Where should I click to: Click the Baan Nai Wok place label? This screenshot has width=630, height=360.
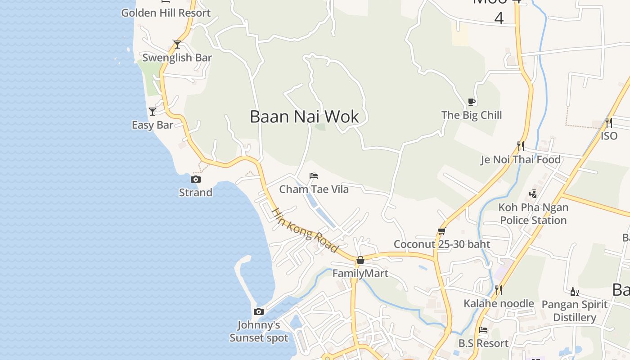click(304, 117)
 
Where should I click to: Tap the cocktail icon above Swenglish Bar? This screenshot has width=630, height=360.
click(177, 44)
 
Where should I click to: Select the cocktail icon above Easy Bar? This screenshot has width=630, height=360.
click(153, 111)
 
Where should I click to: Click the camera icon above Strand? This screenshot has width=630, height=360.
click(195, 179)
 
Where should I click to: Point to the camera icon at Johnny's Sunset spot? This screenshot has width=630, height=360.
click(258, 311)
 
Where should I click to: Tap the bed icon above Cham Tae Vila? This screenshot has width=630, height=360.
click(314, 175)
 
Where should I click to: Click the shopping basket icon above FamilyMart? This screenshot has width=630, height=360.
click(360, 260)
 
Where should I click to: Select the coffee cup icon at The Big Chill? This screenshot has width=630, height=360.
click(471, 102)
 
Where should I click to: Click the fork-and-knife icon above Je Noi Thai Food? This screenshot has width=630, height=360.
click(521, 146)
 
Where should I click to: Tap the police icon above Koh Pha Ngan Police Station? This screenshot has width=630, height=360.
click(533, 194)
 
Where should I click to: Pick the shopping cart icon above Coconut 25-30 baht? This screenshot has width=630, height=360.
click(441, 231)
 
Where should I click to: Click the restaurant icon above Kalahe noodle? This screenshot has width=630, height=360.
click(498, 290)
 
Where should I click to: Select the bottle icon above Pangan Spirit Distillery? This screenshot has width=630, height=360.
click(574, 292)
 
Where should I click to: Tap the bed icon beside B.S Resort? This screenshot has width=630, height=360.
click(483, 330)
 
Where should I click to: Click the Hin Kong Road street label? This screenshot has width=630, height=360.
click(305, 230)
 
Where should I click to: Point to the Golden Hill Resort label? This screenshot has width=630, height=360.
click(166, 13)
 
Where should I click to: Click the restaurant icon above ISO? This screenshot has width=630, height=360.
click(608, 122)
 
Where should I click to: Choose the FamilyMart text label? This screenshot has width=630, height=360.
click(360, 273)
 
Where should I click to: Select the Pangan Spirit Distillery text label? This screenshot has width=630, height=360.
click(575, 311)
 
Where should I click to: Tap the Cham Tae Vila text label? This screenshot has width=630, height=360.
click(314, 189)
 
